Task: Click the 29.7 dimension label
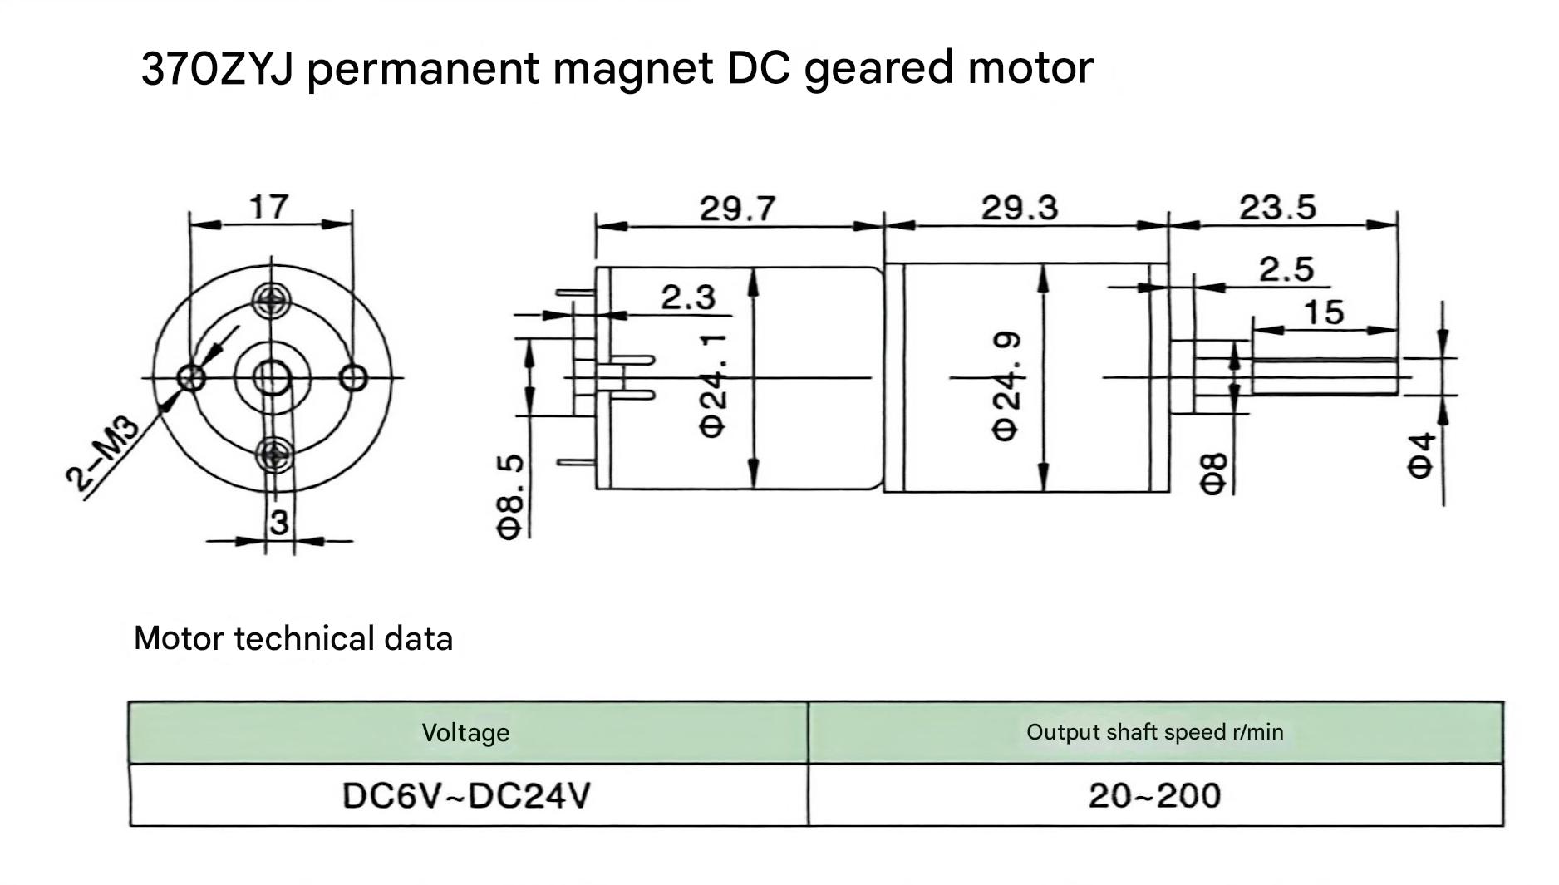pos(737,208)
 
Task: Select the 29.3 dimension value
pos(1020,208)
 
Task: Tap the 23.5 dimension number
pos(1277,208)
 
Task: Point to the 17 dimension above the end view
pos(268,207)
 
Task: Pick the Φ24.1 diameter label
pos(714,386)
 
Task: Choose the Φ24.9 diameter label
pos(1006,386)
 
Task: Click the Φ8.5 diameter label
pos(512,496)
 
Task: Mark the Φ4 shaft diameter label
pos(1421,455)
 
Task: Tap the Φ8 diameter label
pos(1214,474)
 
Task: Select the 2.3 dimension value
pos(688,297)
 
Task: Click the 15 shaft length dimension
pos(1324,312)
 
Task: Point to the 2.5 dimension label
pos(1286,269)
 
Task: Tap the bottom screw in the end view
pos(273,455)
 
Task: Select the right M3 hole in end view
pos(355,378)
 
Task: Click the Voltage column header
pos(465,732)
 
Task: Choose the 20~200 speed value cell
pos(1155,795)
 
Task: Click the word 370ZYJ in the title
pos(217,68)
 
